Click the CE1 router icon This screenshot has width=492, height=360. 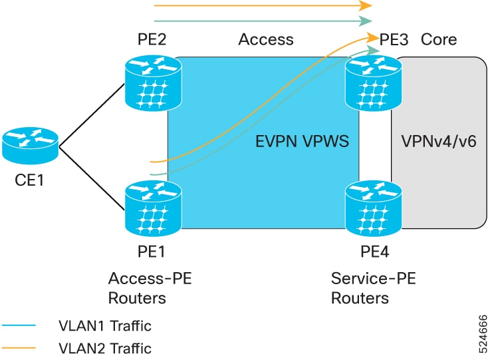coord(30,146)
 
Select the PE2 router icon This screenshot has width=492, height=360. coord(153,83)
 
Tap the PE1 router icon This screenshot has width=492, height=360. coord(153,208)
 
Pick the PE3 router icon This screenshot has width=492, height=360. coord(374,83)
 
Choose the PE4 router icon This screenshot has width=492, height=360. coord(374,208)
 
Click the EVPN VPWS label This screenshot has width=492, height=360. coord(302,141)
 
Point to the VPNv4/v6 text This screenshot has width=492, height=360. coord(439,141)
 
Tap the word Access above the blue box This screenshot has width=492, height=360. coord(266,39)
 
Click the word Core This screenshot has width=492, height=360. coord(439,39)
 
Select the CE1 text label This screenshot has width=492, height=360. coord(29,180)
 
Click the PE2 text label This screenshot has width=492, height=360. coord(152,39)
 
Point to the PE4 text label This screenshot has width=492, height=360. coord(374,252)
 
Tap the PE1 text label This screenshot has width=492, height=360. coord(151,252)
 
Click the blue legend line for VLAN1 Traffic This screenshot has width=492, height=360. coord(19,325)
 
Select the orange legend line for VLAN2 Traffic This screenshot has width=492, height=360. coord(19,348)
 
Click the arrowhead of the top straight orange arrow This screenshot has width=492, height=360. coord(366,5)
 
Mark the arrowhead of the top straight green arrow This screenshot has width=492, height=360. coord(366,21)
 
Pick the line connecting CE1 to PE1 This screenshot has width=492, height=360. coord(92,178)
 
